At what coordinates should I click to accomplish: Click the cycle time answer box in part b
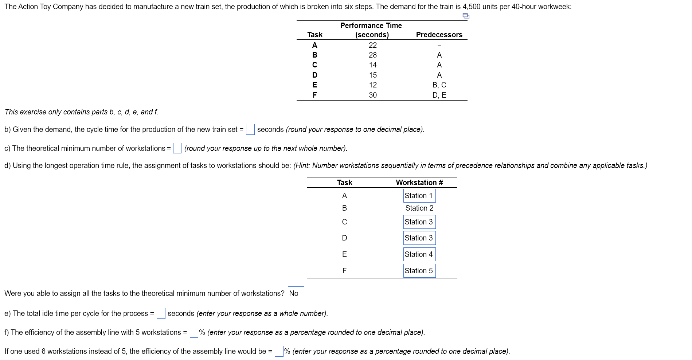[x=250, y=129]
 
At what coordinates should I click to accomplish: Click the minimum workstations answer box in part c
[x=177, y=148]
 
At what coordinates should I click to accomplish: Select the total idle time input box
[x=161, y=313]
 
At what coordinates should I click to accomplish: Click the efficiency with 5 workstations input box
[x=194, y=332]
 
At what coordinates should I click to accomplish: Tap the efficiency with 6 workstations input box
[x=279, y=351]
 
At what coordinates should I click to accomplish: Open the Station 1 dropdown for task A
[x=419, y=196]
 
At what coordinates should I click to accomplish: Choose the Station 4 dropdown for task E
[x=419, y=254]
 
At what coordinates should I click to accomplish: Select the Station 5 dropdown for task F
[x=419, y=271]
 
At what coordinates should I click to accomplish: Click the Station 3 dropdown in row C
[x=419, y=222]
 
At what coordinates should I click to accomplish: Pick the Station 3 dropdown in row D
[x=419, y=238]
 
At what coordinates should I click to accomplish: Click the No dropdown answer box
[x=296, y=293]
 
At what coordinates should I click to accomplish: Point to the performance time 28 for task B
[x=372, y=55]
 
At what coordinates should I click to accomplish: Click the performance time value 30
[x=372, y=95]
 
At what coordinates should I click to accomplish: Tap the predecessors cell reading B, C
[x=439, y=85]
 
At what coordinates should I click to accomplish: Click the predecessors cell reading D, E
[x=439, y=95]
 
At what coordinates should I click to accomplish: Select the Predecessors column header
[x=439, y=35]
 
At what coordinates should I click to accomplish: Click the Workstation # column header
[x=419, y=183]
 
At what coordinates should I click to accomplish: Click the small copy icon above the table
[x=466, y=16]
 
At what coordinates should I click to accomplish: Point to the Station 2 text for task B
[x=419, y=208]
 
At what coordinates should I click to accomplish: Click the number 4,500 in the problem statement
[x=471, y=7]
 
